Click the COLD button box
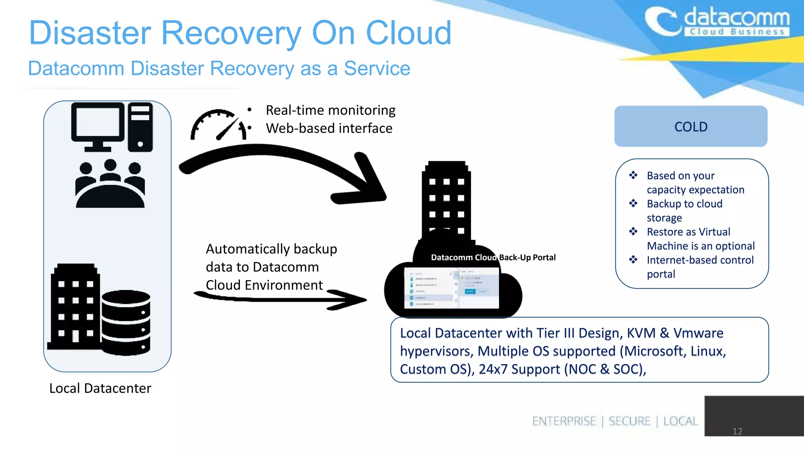point(691,126)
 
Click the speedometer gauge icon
point(218,125)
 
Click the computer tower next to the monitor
point(140,127)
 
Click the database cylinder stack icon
point(126,323)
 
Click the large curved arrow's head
point(363,184)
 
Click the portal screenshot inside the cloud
point(451,288)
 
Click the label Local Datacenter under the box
point(100,388)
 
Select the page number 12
point(737,431)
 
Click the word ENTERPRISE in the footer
point(564,421)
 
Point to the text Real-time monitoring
point(331,110)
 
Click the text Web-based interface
point(329,128)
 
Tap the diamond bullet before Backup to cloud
point(633,203)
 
